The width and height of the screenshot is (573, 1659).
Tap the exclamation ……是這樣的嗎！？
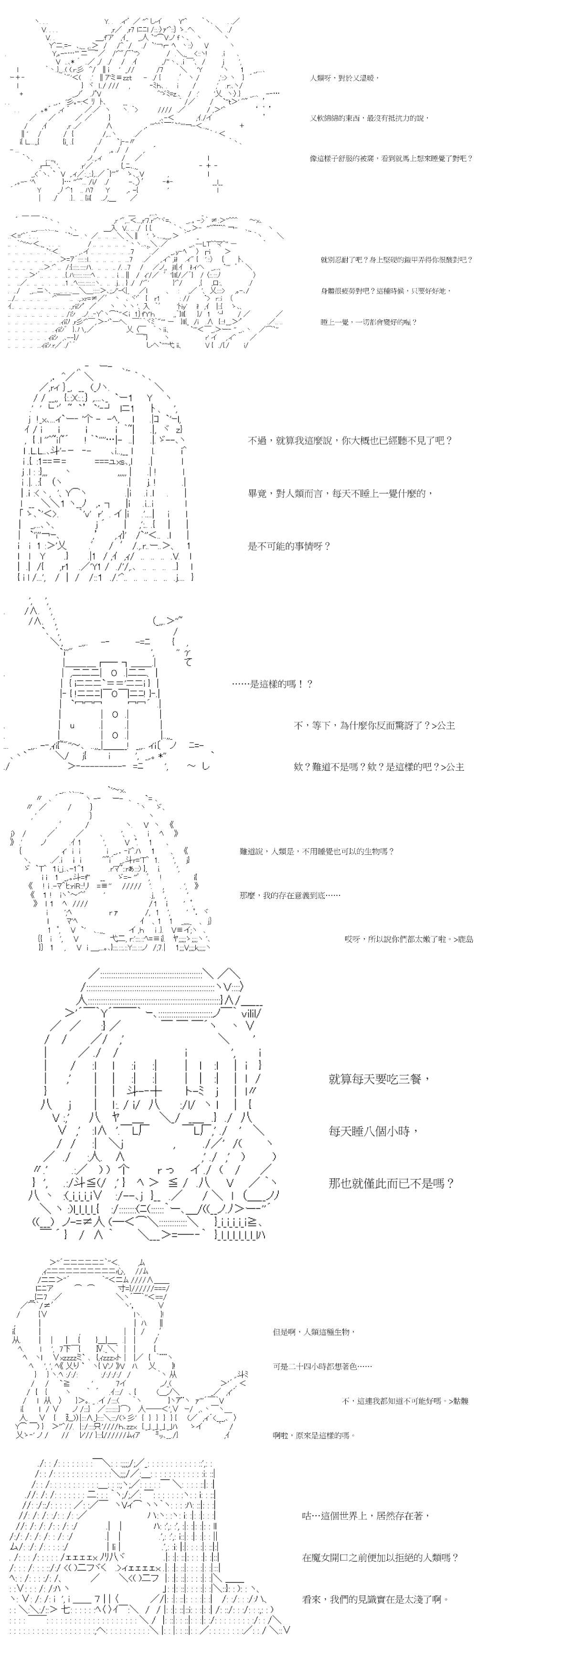(x=272, y=683)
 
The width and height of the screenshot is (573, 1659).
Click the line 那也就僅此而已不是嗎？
(x=392, y=1182)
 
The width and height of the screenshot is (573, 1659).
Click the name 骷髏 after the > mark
(x=460, y=1400)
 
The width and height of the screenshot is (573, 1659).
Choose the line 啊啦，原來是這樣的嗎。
(x=314, y=1435)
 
